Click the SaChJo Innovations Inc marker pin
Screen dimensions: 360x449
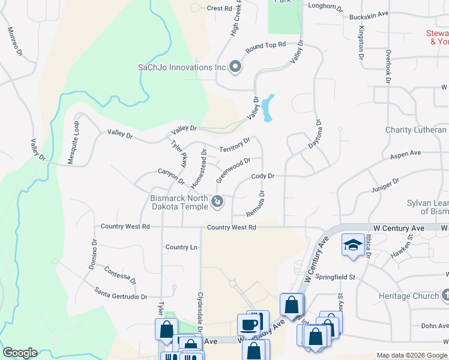pyautogui.click(x=235, y=67)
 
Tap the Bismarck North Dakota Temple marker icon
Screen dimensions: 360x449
pyautogui.click(x=218, y=203)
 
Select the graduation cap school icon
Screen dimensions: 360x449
pyautogui.click(x=352, y=244)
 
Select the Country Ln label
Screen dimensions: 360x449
pyautogui.click(x=181, y=247)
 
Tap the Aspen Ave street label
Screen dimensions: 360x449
pyautogui.click(x=405, y=154)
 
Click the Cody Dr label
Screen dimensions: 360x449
pyautogui.click(x=263, y=176)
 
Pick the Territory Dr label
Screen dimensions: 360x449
pyautogui.click(x=235, y=145)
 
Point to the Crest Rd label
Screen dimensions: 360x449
pyautogui.click(x=219, y=8)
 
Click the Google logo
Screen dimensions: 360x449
pyautogui.click(x=20, y=353)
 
